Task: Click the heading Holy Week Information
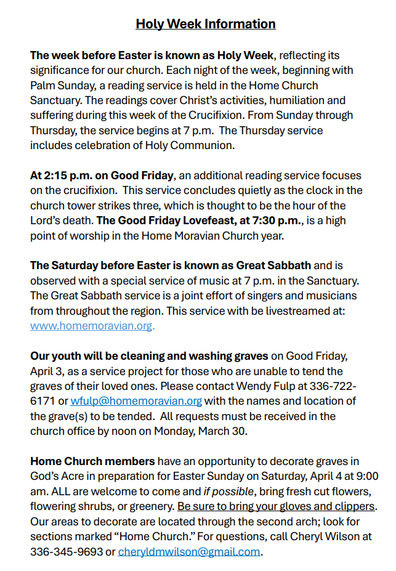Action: pos(206,24)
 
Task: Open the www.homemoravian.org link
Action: pos(91,326)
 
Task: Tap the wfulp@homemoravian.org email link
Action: pos(136,401)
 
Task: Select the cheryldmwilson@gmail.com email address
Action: pos(188,551)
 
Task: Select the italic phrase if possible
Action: pos(230,492)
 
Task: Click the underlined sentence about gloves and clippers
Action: pos(276,506)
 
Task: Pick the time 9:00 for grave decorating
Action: pos(365,476)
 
